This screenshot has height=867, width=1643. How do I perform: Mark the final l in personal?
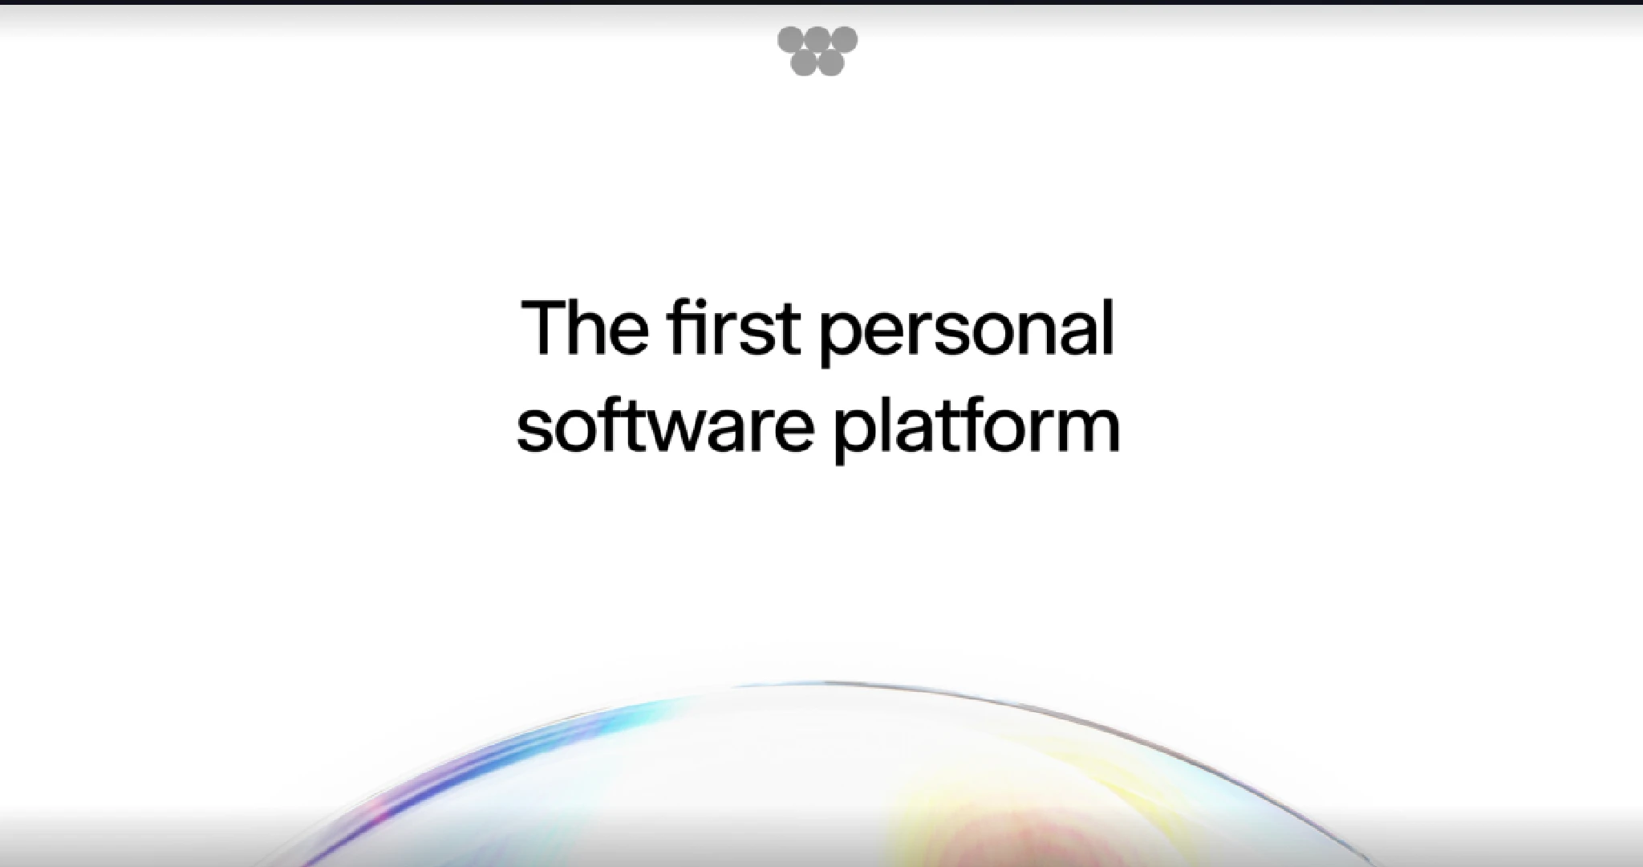coord(1109,325)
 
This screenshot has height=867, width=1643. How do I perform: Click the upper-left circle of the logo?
coord(790,39)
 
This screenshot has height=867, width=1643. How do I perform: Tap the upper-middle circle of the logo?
coord(817,39)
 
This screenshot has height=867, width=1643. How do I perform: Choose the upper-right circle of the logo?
coord(845,39)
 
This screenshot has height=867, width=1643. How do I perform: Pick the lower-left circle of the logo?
coord(804,63)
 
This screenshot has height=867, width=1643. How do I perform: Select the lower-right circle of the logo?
coord(831,63)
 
